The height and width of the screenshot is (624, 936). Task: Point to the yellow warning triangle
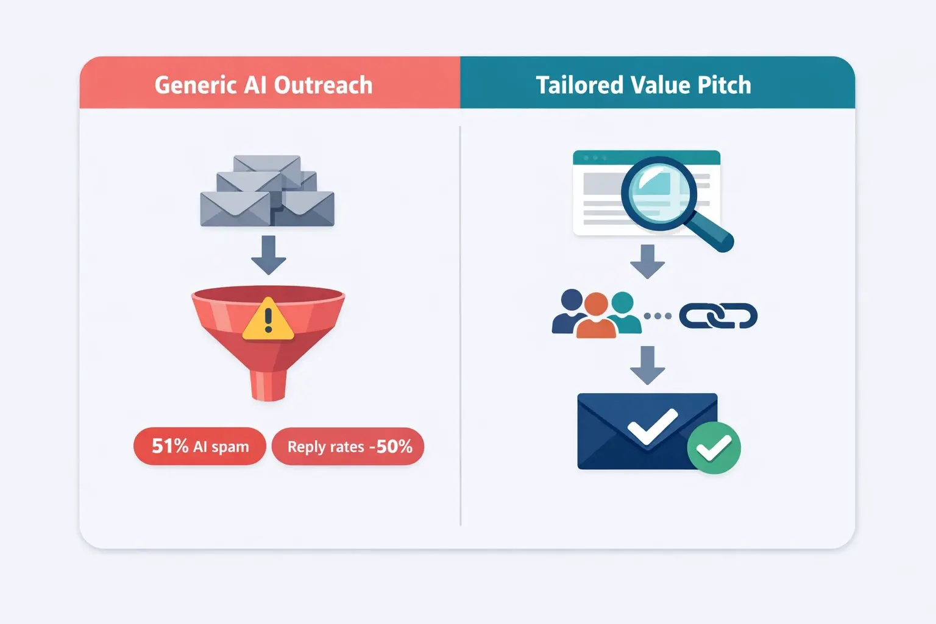[x=268, y=320]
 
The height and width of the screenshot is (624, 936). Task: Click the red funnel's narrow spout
[x=268, y=384]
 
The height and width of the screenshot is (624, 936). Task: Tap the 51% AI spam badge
[x=200, y=447]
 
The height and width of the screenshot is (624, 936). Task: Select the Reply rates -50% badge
[x=349, y=447]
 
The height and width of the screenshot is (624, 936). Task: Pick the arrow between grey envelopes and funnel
[x=268, y=255]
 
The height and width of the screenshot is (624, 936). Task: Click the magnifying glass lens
[x=658, y=192]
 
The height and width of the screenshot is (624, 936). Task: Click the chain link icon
[x=718, y=316]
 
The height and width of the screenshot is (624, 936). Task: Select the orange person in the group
[x=596, y=316]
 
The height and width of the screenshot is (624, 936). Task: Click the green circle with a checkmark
[x=714, y=448]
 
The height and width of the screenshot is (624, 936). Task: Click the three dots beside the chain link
[x=658, y=316]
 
